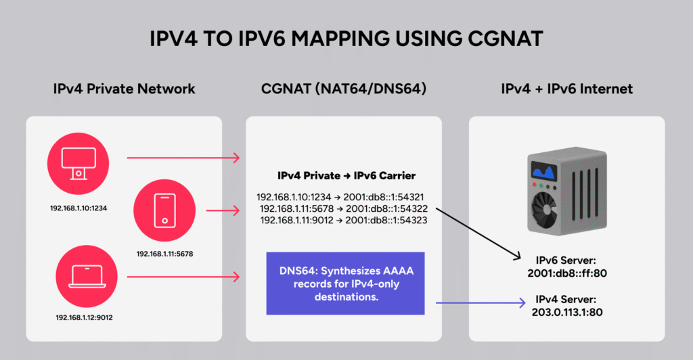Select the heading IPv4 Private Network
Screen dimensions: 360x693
coord(124,89)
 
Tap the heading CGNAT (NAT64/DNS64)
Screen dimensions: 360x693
coord(343,89)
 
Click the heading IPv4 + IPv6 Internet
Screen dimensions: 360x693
coord(566,89)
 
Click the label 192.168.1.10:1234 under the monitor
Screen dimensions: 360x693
coord(80,208)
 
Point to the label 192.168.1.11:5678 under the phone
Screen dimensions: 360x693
coord(166,253)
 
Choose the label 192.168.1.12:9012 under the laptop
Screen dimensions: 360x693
coord(84,317)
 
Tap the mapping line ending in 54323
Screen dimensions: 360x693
coord(343,220)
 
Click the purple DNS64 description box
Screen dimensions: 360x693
coord(345,283)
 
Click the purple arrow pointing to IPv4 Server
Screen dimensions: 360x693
coord(481,305)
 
